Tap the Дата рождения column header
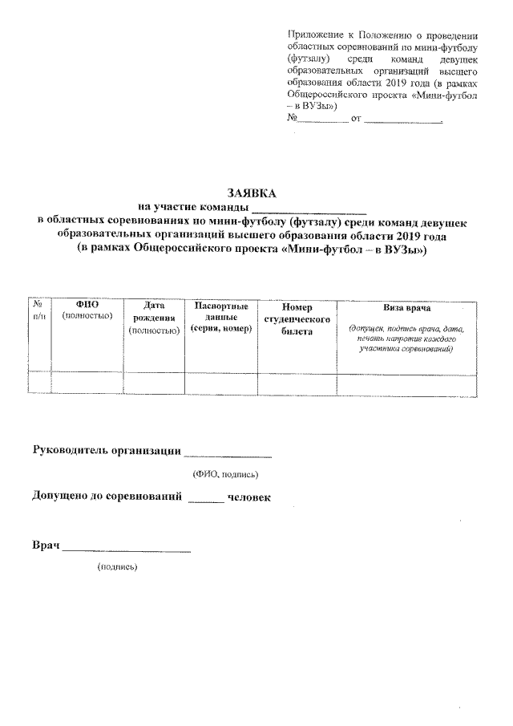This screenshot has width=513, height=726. click(x=154, y=317)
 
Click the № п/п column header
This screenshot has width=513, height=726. click(x=38, y=310)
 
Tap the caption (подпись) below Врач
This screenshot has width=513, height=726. click(x=117, y=567)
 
